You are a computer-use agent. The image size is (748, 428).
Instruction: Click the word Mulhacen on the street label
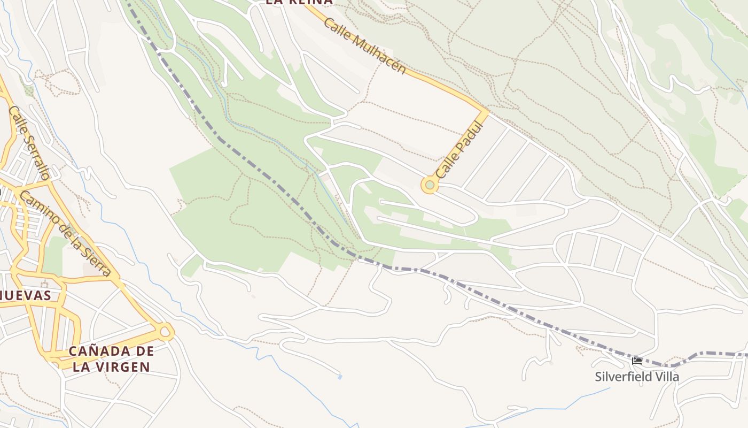click(x=379, y=55)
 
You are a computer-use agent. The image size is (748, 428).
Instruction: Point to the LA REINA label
click(x=299, y=2)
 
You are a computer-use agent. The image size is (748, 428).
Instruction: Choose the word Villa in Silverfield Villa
click(x=667, y=377)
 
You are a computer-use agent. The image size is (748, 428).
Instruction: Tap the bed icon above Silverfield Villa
click(x=636, y=362)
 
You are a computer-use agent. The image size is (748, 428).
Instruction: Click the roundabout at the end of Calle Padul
click(x=430, y=185)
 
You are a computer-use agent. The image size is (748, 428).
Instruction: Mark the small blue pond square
click(x=340, y=377)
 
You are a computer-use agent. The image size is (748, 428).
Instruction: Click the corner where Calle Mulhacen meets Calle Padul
click(x=485, y=112)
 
